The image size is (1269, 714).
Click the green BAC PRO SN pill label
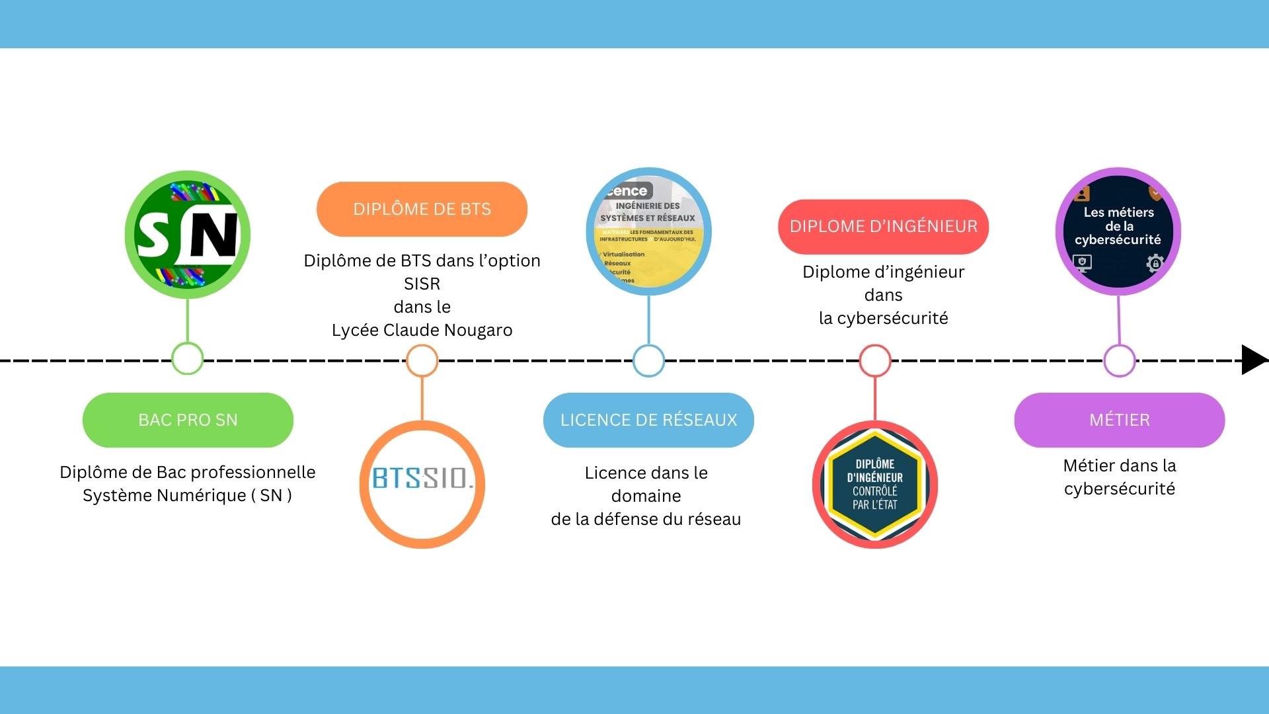point(188,420)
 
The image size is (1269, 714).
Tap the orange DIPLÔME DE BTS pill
point(422,209)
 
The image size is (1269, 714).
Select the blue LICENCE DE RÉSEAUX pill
point(648,420)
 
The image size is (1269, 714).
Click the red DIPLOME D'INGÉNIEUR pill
point(883,226)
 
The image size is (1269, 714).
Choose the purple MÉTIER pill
point(1119,420)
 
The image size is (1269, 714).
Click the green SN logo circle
point(188,235)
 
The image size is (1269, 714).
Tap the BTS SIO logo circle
point(422,484)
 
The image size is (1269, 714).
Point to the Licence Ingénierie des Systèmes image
point(648,231)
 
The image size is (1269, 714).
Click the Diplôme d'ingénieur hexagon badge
point(874,484)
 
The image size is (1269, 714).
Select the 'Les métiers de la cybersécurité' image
point(1118,231)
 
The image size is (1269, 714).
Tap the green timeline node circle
point(187,359)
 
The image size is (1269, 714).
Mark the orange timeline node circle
point(422,360)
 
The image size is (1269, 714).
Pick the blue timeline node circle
point(648,360)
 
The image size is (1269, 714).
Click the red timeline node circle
point(874,360)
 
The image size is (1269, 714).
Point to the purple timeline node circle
point(1119,360)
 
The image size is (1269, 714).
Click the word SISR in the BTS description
point(422,284)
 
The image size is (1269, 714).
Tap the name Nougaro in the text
point(479,330)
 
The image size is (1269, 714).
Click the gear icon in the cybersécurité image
point(1154,263)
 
